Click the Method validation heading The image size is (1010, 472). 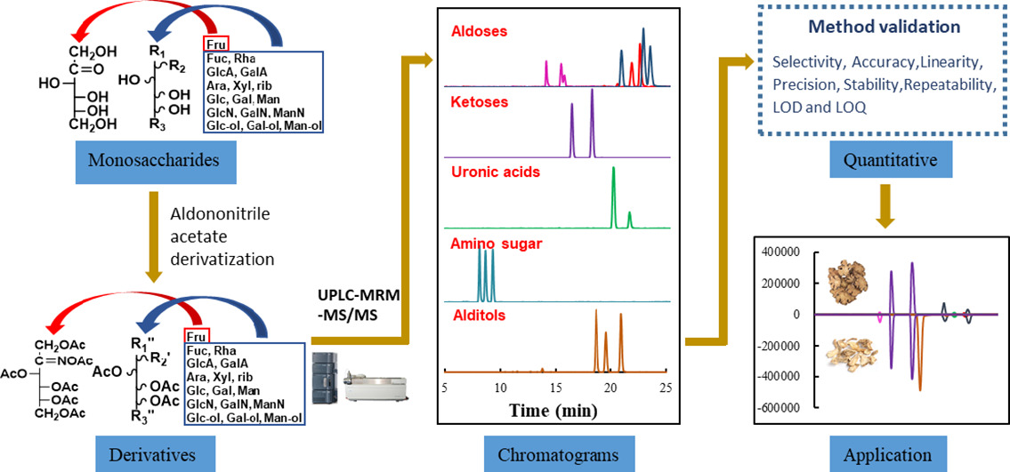(x=884, y=27)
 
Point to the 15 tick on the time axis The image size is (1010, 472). (x=554, y=388)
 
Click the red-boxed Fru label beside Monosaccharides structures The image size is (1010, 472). (x=216, y=43)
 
